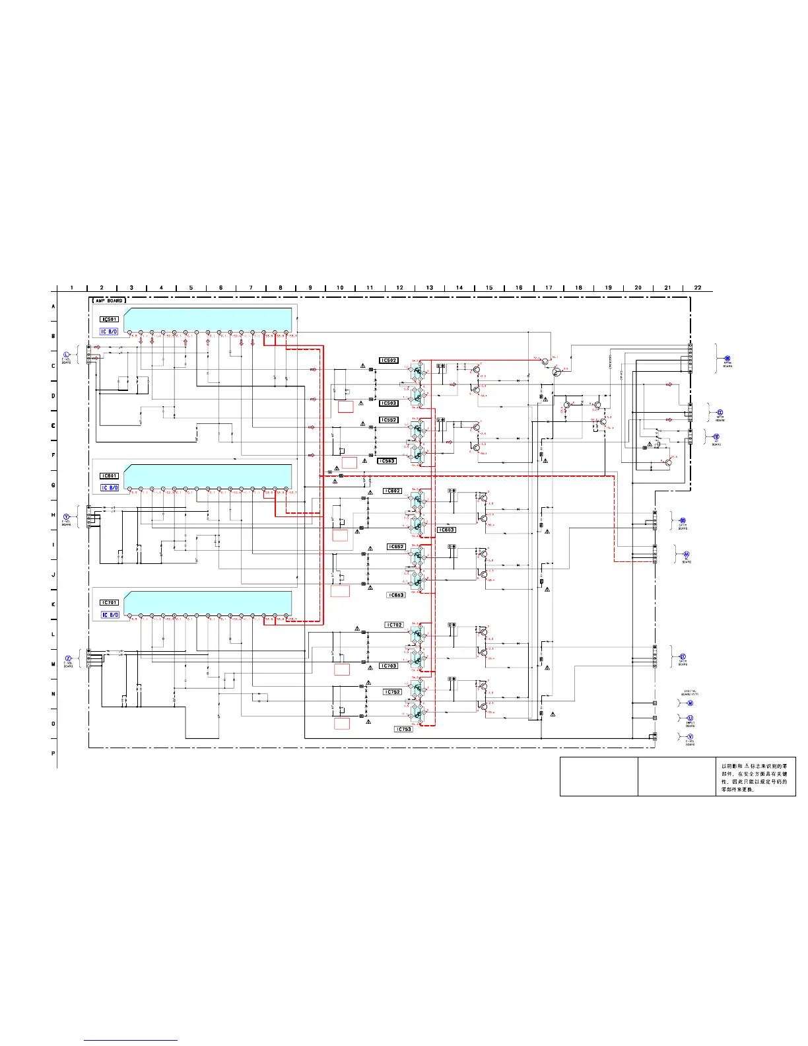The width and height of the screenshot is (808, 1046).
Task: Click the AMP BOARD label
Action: point(108,300)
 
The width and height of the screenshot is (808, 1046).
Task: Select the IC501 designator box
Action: point(109,320)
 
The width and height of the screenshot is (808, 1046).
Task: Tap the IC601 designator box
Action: point(109,475)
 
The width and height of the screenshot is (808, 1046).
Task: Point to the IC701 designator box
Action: point(109,602)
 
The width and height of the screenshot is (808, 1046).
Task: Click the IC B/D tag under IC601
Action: point(110,487)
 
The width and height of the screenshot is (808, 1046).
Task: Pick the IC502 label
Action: point(389,361)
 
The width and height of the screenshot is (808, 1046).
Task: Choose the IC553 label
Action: point(387,461)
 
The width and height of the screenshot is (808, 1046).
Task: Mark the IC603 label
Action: point(447,530)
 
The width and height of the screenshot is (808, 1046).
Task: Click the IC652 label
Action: point(395,547)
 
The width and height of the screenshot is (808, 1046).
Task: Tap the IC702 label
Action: point(394,625)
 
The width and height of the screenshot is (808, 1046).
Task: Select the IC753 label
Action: point(403,729)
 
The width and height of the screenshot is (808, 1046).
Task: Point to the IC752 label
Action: point(393,692)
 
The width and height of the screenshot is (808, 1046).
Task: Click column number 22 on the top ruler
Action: point(698,288)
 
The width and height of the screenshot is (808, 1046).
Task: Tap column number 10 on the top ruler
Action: point(340,288)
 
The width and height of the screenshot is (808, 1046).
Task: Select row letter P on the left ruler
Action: point(53,753)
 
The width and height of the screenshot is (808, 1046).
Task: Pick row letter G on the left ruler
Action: point(53,485)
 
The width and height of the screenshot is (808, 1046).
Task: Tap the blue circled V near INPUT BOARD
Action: point(690,736)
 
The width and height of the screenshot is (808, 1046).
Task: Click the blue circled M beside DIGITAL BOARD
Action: point(690,703)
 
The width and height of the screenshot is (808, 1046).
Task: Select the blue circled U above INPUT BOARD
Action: point(690,718)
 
